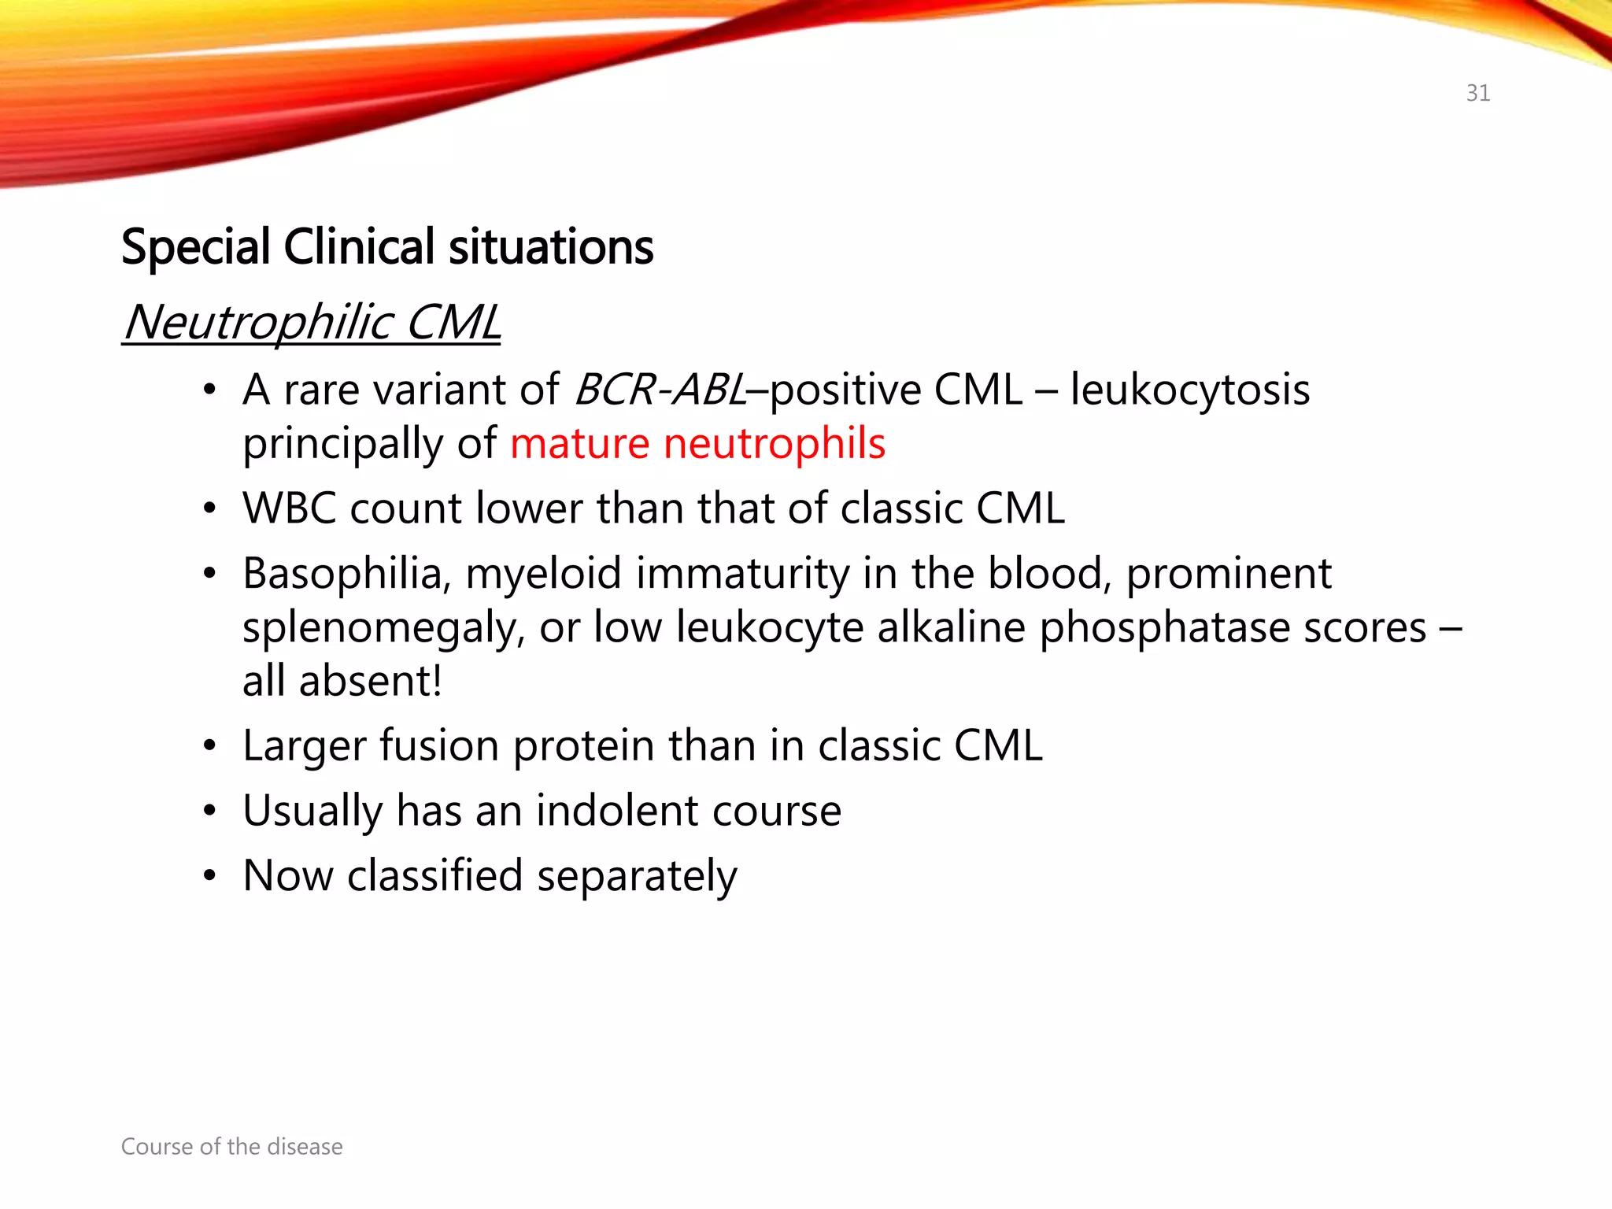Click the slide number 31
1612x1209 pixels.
coord(1477,93)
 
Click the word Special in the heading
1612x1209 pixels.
coord(196,247)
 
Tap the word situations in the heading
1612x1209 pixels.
coord(551,247)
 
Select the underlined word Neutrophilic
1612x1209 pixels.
coord(258,323)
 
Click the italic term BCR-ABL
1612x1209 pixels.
coord(660,390)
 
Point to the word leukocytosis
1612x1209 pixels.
coord(1189,390)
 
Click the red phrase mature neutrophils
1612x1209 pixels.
coord(697,443)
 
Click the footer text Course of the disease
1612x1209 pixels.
coord(231,1147)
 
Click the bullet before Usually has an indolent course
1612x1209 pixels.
coord(209,811)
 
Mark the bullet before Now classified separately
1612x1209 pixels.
coord(209,876)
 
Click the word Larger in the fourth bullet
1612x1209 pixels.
coord(303,745)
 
